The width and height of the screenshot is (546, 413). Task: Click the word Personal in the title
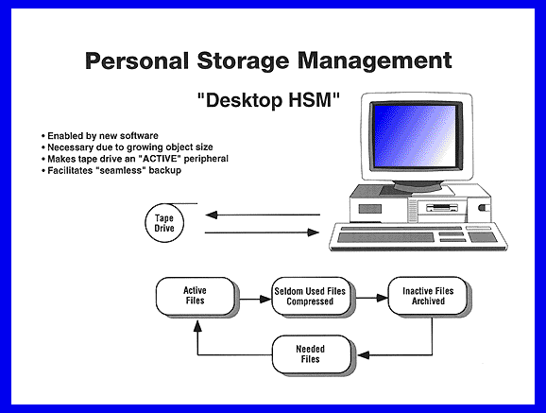(x=137, y=60)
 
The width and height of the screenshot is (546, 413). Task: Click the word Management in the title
(x=375, y=61)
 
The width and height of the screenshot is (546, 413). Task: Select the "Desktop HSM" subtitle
(x=268, y=100)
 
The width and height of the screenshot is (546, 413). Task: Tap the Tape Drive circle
(x=164, y=223)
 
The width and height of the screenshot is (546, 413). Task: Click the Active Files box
(x=196, y=296)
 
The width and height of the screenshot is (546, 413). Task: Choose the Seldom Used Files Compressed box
(x=311, y=296)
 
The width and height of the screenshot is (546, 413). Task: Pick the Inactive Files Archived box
(x=428, y=296)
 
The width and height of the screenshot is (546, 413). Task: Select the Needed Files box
(x=311, y=354)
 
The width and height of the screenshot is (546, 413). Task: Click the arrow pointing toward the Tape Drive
(x=263, y=215)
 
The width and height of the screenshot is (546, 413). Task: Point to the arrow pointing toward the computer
(x=262, y=232)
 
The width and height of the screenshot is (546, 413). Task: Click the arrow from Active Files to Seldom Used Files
(x=255, y=299)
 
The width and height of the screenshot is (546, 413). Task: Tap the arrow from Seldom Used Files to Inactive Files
(x=371, y=298)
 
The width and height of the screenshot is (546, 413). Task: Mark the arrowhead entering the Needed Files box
(x=363, y=355)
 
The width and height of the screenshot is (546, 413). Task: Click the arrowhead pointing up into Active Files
(x=197, y=326)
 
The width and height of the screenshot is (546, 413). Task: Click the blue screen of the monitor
(x=415, y=136)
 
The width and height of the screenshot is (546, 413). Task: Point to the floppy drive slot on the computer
(x=442, y=209)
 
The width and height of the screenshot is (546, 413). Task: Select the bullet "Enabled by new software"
(x=100, y=135)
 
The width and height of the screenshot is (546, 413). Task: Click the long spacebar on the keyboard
(x=385, y=238)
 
